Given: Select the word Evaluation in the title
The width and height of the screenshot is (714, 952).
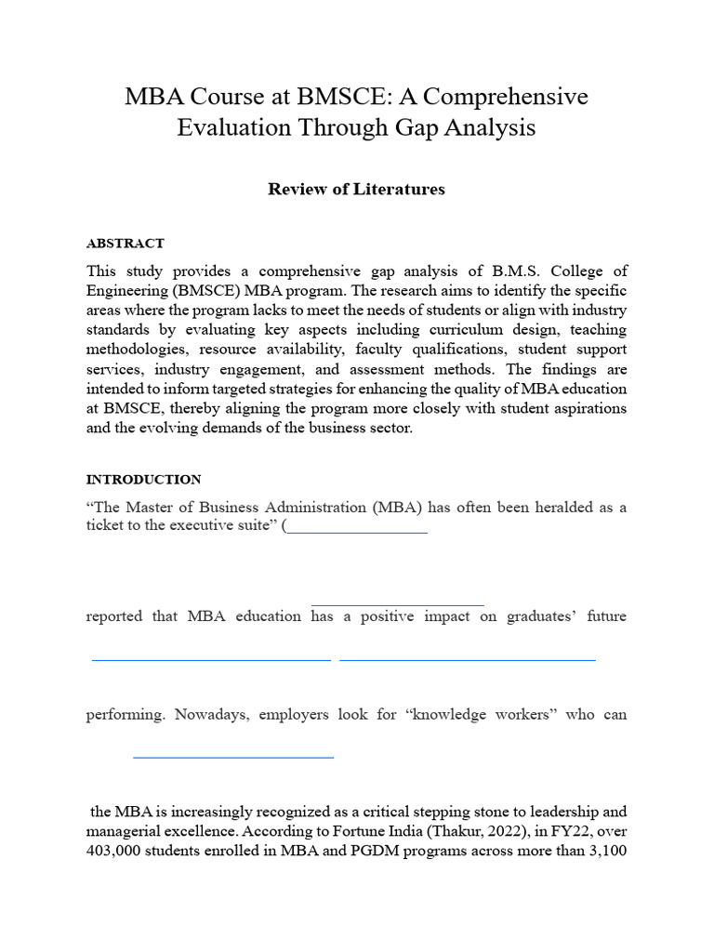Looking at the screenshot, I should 233,128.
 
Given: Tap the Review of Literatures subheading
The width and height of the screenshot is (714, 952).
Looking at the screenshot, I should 356,190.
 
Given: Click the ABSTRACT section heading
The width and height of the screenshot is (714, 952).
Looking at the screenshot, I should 125,244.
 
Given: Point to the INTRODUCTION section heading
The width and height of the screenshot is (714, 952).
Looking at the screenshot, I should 143,480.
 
